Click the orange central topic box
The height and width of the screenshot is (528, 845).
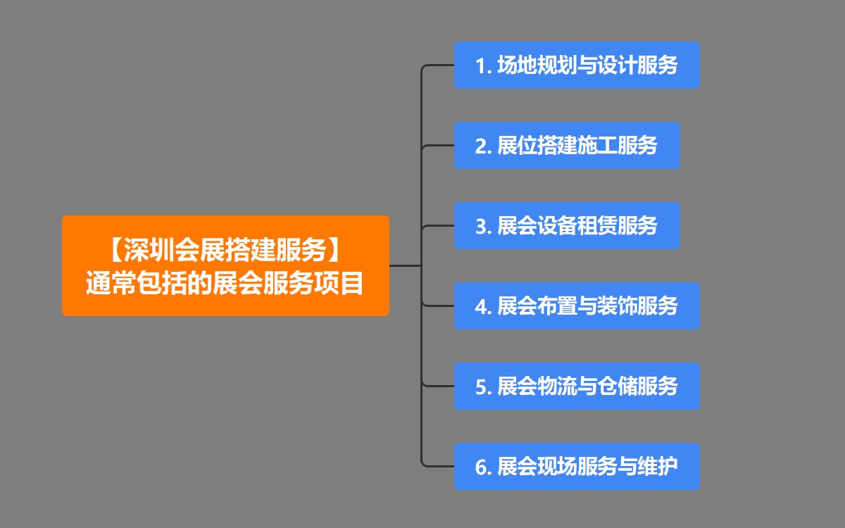[225, 265]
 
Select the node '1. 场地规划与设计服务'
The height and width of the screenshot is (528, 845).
[577, 65]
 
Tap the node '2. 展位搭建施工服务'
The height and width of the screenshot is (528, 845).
[567, 146]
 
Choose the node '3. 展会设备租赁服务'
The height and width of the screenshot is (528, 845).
[567, 226]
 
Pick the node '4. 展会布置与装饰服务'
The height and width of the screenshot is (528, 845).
[577, 306]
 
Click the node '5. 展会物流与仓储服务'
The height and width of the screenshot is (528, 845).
[577, 386]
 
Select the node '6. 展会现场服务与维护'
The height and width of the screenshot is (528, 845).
[577, 467]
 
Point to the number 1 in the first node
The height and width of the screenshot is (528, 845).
[482, 66]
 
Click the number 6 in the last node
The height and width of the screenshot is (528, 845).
[482, 467]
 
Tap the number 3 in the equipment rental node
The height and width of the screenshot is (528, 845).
[482, 227]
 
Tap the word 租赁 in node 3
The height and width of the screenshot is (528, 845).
[597, 226]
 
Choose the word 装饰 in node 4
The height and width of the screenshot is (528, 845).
[618, 306]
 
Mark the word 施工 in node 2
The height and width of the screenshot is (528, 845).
[597, 146]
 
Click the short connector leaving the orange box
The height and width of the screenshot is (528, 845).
[405, 266]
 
